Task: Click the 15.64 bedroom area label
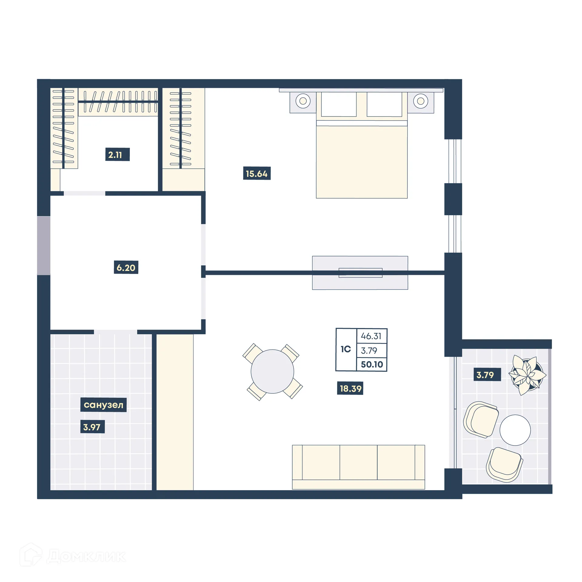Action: [x=256, y=173]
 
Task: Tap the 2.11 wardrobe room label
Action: [x=117, y=155]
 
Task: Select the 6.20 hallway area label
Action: [x=126, y=267]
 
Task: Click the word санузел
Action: [x=103, y=405]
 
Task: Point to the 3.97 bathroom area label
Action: [x=92, y=427]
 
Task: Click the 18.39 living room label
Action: [x=350, y=388]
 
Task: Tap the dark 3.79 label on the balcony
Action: [x=485, y=375]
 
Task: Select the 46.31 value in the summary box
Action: [x=371, y=336]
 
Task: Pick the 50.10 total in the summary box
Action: [x=372, y=364]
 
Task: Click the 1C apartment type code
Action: [x=346, y=349]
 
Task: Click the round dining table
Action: [x=272, y=371]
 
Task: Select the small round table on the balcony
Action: [x=515, y=430]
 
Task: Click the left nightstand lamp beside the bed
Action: [x=303, y=101]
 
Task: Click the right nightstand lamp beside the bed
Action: [x=420, y=101]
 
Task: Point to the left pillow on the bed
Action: [x=339, y=104]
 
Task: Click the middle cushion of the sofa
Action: [x=358, y=462]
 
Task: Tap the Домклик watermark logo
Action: [x=73, y=556]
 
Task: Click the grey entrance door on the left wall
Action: [x=44, y=246]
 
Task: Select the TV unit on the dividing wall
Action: [x=360, y=273]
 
